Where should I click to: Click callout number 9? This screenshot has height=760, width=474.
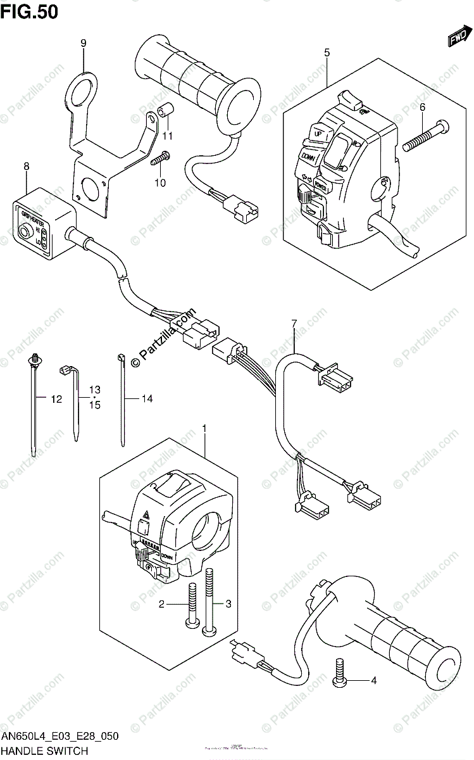(83, 43)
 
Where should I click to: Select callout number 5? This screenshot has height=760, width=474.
(327, 53)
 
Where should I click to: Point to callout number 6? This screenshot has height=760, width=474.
(422, 108)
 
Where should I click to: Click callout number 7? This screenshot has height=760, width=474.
(294, 324)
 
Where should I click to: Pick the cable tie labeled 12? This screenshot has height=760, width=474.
(32, 405)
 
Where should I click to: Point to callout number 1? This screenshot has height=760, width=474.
(204, 430)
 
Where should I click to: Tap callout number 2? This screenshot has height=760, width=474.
(161, 604)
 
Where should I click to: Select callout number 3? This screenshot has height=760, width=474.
(228, 604)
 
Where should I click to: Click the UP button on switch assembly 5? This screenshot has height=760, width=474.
(318, 134)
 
